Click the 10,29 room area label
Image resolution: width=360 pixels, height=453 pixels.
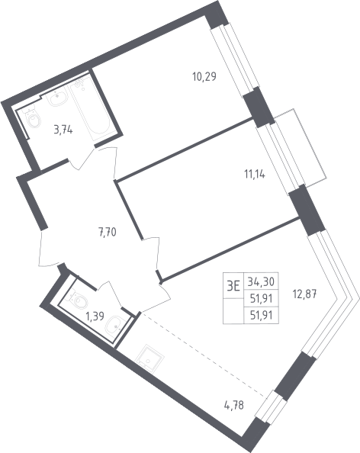pyautogui.click(x=204, y=77)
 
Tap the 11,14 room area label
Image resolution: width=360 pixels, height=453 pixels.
pyautogui.click(x=255, y=175)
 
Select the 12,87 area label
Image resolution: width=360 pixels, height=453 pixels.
pyautogui.click(x=305, y=295)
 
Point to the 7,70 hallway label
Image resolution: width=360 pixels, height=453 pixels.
pyautogui.click(x=108, y=232)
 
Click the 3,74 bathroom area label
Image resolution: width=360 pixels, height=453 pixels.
pyautogui.click(x=63, y=130)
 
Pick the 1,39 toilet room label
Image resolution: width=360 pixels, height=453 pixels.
pyautogui.click(x=95, y=316)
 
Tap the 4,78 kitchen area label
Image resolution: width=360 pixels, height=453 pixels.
pyautogui.click(x=233, y=405)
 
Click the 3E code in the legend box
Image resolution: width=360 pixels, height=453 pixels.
pyautogui.click(x=233, y=287)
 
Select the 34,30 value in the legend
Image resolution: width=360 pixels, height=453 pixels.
pyautogui.click(x=261, y=281)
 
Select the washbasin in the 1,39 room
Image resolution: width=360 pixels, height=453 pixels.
pyautogui.click(x=114, y=326)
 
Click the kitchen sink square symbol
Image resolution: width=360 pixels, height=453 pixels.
pyautogui.click(x=149, y=358)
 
